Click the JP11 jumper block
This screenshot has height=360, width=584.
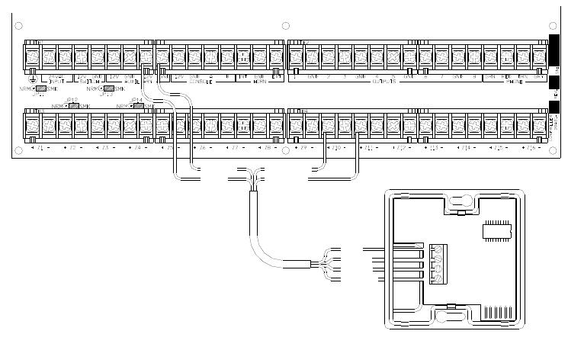click(x=43, y=88)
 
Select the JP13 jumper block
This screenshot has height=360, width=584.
click(x=110, y=88)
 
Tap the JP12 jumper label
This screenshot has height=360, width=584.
click(x=72, y=101)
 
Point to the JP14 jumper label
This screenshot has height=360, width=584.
click(x=137, y=101)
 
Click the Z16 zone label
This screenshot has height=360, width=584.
click(x=531, y=146)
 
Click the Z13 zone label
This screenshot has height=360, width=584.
click(x=434, y=146)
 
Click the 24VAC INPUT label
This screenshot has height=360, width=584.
click(x=56, y=79)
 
